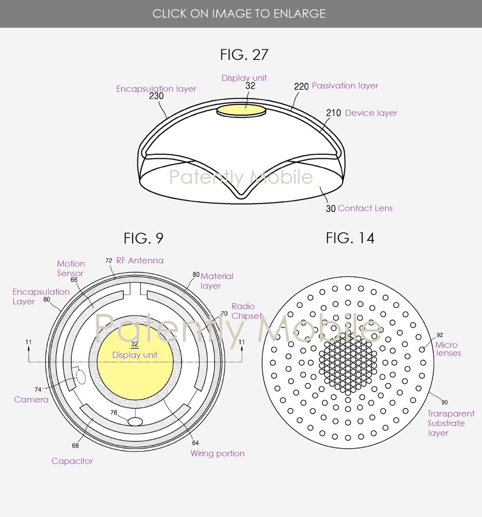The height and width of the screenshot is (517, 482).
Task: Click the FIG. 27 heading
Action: tap(244, 55)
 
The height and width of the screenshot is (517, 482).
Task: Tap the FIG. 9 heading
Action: tap(143, 238)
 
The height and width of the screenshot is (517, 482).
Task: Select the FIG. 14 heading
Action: tap(350, 238)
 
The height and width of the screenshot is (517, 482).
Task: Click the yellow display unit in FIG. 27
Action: tap(241, 110)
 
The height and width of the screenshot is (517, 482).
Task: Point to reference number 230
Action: tap(156, 96)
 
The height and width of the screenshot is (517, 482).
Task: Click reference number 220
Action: tap(301, 87)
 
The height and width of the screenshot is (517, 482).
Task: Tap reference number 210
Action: tap(333, 113)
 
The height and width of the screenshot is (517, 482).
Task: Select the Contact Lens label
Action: tap(365, 208)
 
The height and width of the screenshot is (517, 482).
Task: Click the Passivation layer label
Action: tap(345, 86)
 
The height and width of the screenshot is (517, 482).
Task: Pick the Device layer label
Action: tap(371, 113)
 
